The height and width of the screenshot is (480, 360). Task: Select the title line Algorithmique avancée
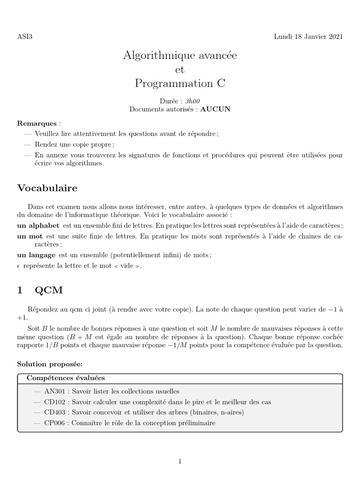click(180, 55)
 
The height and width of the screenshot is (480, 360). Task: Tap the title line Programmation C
click(180, 83)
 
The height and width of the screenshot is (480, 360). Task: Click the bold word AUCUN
click(216, 109)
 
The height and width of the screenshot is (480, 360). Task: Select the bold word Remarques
click(37, 124)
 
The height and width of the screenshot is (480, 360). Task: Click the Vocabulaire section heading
click(47, 188)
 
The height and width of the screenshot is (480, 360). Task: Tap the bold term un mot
click(30, 236)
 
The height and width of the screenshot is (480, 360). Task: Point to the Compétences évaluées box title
click(66, 378)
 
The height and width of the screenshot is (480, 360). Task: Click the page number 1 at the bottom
click(180, 462)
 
